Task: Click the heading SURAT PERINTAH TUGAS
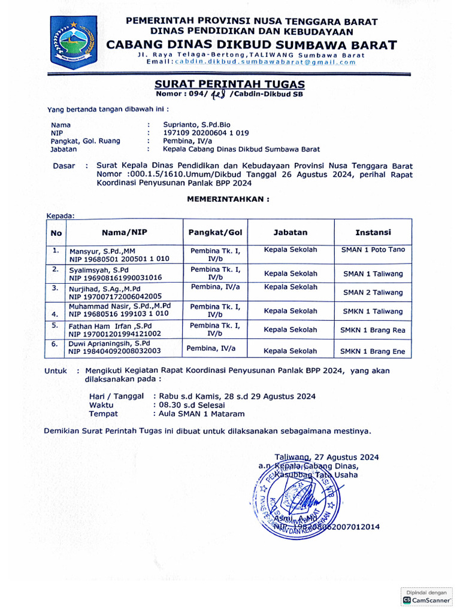[230, 84]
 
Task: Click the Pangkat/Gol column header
[215, 232]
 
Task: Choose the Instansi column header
[373, 232]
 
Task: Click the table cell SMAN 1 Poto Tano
[373, 250]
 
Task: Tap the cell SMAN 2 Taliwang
[373, 293]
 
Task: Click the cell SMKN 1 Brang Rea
[373, 330]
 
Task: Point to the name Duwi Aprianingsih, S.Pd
[110, 344]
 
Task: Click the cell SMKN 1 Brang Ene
[373, 351]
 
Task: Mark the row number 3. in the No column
[55, 288]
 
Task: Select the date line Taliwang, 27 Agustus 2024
[326, 457]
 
